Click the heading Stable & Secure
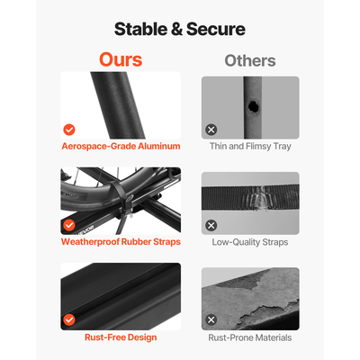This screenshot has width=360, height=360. (180, 29)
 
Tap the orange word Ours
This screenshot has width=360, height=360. (121, 59)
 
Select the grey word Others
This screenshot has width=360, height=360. (250, 61)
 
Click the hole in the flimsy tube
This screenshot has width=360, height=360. (253, 107)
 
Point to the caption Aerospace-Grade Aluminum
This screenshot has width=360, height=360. (121, 147)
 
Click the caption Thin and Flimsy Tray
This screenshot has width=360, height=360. (250, 147)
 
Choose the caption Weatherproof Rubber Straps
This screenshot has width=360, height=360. (121, 242)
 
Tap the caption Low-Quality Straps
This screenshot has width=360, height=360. (250, 242)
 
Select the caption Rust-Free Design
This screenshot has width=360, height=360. (121, 337)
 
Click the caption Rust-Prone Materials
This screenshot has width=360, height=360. (250, 337)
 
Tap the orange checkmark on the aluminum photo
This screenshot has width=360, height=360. (69, 130)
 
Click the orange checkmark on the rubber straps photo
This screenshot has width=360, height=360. (69, 225)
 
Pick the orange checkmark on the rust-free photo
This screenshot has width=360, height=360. (69, 320)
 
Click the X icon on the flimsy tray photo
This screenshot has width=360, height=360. (211, 130)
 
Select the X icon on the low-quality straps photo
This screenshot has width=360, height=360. (211, 225)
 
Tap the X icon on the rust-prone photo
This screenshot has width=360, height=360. (211, 319)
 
